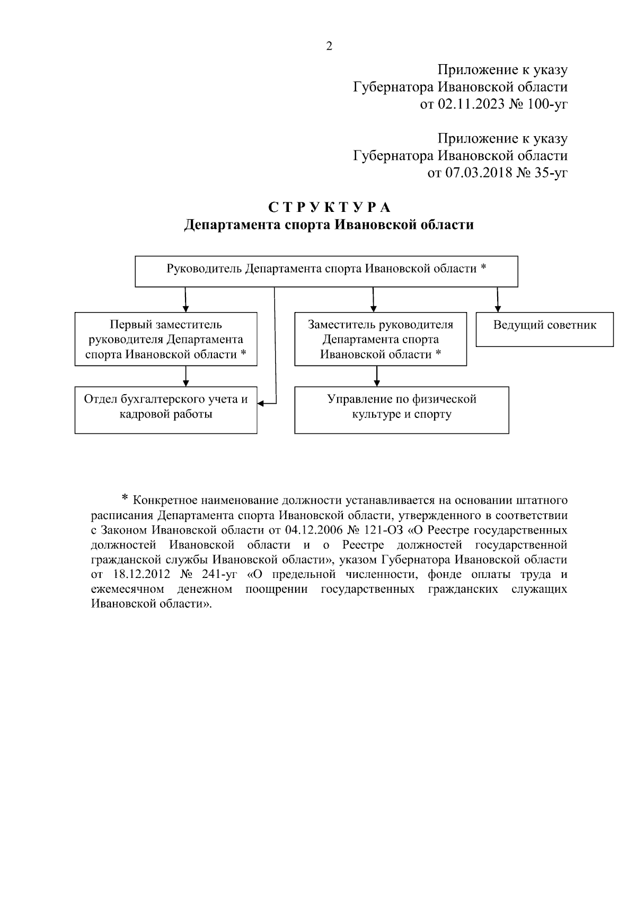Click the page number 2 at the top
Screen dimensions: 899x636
point(329,47)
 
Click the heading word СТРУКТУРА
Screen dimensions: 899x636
point(329,207)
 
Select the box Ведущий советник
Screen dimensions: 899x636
point(544,330)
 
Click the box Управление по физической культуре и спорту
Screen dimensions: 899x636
point(401,410)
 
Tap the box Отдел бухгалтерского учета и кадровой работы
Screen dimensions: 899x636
point(165,410)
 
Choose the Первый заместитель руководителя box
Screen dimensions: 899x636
point(165,339)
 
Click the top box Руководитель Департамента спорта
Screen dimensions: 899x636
point(326,271)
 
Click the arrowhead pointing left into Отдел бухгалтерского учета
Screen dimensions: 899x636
point(261,403)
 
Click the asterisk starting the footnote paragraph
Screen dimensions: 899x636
point(125,499)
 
